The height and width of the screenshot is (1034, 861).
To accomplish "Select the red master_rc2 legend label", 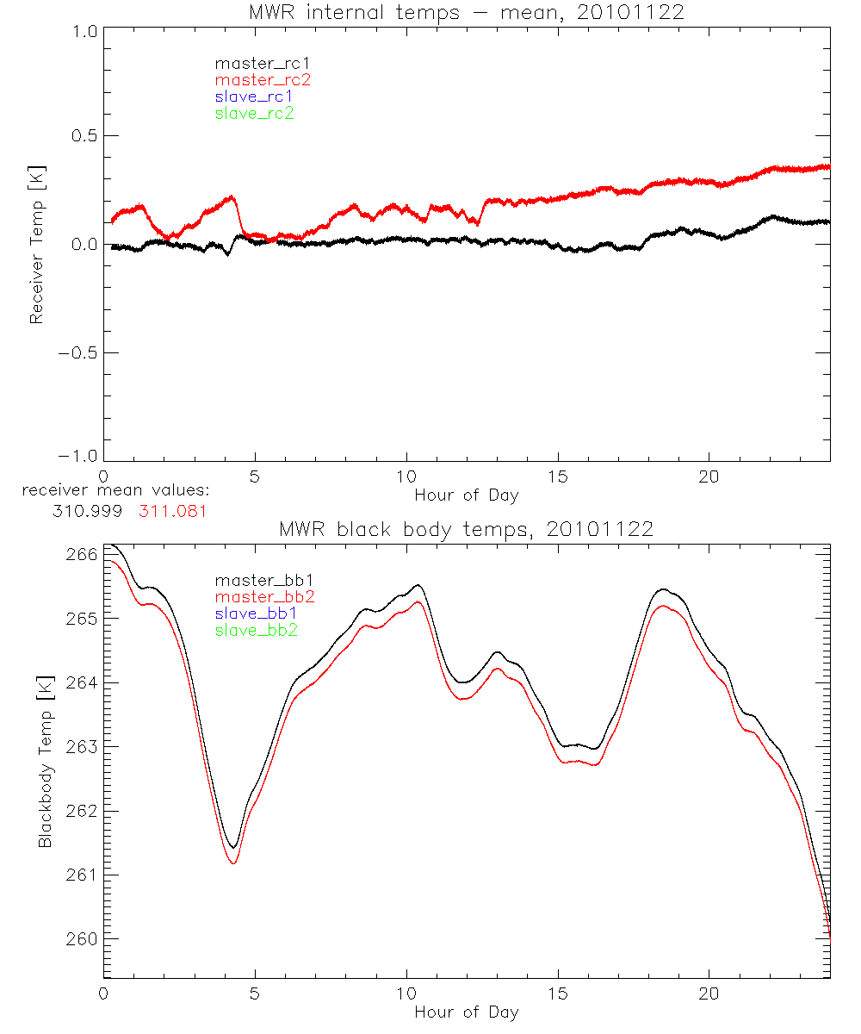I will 263,80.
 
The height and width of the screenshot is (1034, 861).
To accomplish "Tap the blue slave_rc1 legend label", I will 254,97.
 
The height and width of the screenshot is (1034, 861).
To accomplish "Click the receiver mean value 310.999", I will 88,511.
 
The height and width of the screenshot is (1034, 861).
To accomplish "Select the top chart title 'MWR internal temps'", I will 467,12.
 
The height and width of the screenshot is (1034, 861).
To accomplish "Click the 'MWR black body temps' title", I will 467,529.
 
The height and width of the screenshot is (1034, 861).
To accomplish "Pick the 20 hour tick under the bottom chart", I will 709,993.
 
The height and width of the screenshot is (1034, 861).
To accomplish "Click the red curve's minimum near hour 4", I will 233,863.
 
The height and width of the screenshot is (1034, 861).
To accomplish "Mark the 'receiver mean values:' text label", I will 116,491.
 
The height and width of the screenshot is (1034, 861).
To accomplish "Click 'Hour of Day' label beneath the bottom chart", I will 467,1012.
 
